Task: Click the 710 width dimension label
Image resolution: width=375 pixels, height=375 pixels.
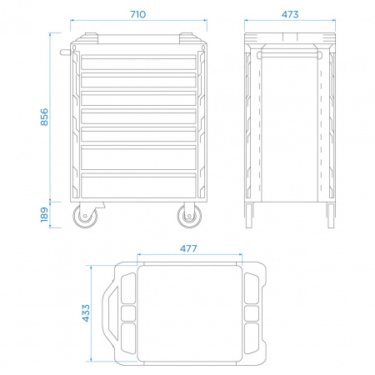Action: click(x=138, y=14)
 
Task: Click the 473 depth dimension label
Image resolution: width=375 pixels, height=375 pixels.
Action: click(x=290, y=14)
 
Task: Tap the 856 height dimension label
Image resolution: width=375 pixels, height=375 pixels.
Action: click(x=44, y=117)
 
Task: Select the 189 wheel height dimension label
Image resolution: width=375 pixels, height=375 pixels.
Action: click(x=44, y=215)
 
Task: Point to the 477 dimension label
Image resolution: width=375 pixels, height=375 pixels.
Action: click(x=188, y=248)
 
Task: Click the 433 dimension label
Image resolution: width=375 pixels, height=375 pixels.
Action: click(x=86, y=313)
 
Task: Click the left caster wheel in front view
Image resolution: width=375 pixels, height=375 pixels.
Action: click(x=85, y=216)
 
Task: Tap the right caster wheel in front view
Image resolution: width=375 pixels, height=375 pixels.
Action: click(x=189, y=216)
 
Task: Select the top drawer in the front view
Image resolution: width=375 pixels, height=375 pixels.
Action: click(x=138, y=62)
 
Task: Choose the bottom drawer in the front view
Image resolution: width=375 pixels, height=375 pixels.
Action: click(x=138, y=185)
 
